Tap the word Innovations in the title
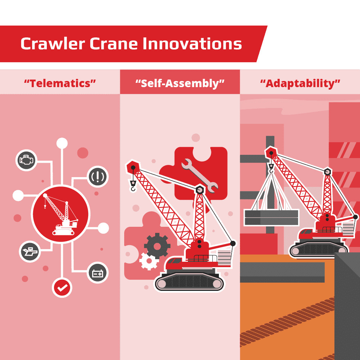(x=192, y=44)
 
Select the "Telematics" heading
(x=60, y=84)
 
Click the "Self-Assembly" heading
(x=180, y=84)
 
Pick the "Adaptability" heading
(x=300, y=84)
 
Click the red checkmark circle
(x=62, y=287)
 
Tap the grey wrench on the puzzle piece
(x=199, y=176)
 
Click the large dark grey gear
(x=157, y=246)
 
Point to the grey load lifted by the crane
(x=271, y=217)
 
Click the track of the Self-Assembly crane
(x=189, y=283)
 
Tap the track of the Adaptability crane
(x=319, y=249)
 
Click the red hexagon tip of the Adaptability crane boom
(x=271, y=153)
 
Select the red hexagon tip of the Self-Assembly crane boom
(x=133, y=167)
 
